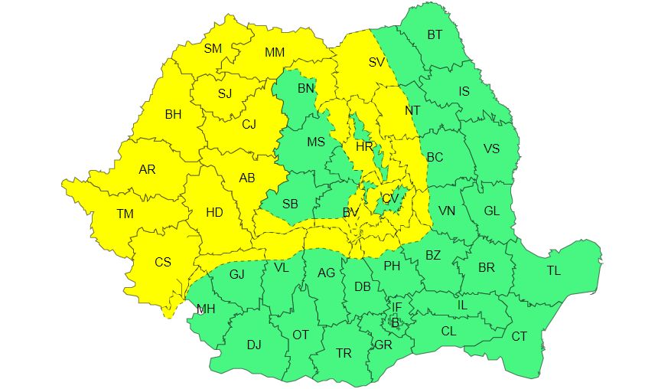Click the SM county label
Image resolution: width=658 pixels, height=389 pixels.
(213, 49)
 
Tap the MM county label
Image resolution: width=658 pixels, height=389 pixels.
(275, 53)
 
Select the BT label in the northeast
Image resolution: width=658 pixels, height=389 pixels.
(435, 34)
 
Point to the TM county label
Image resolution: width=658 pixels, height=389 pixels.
(125, 214)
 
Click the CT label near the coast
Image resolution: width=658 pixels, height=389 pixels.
(519, 336)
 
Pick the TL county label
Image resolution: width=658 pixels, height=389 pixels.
(553, 271)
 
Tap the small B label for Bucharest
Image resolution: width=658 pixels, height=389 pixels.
(395, 323)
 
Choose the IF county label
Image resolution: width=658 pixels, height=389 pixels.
(396, 308)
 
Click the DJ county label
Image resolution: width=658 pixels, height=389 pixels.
(254, 345)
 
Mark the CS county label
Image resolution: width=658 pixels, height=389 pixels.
(163, 262)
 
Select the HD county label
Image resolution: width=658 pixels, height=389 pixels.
(215, 212)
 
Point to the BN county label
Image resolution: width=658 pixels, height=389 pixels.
(306, 90)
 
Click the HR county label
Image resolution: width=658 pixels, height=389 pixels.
(364, 146)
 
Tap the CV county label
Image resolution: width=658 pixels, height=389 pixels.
(391, 199)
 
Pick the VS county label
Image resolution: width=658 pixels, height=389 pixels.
(491, 149)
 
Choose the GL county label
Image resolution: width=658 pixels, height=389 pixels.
(493, 211)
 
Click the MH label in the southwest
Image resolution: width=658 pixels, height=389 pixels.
(206, 310)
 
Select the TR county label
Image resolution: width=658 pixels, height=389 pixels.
(344, 353)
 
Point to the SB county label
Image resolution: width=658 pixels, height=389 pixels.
(290, 204)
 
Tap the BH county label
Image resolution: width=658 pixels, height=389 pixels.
(174, 115)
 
